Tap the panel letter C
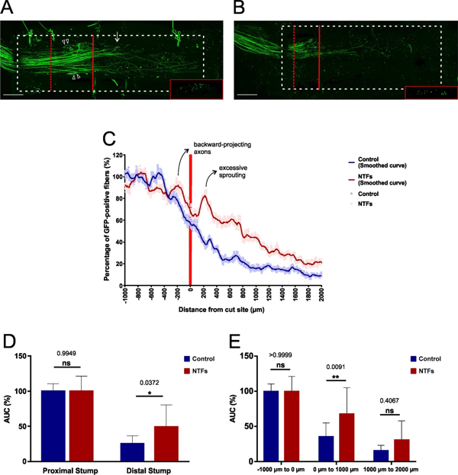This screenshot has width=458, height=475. coord(108,139)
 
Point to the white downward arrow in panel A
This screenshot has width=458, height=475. coord(117,36)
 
